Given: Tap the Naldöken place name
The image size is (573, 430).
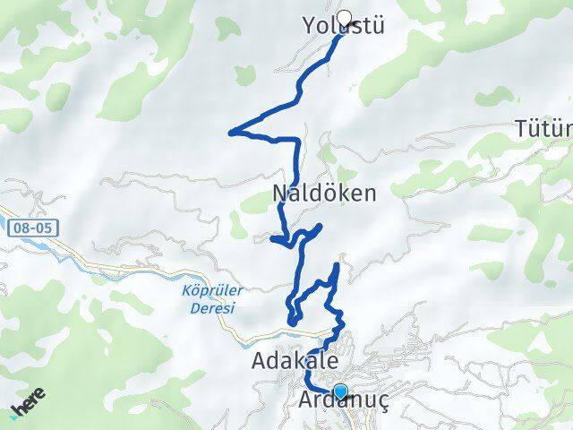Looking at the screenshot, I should tap(323, 193).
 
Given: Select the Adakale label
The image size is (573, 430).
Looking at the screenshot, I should tap(295, 362).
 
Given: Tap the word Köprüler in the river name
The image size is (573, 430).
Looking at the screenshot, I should tap(204, 291).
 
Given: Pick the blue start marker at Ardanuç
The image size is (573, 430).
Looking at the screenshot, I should tap(339, 391).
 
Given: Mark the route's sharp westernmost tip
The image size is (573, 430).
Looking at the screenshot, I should tap(231, 133).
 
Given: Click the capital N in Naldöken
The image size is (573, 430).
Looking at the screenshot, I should tap(280, 193).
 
